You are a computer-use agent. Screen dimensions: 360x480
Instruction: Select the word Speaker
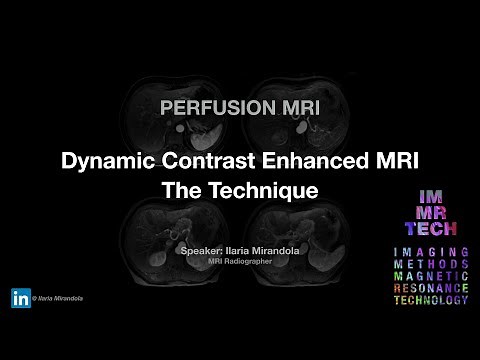click(x=203, y=249)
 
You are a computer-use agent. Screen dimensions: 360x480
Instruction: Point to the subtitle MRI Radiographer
click(x=240, y=262)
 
